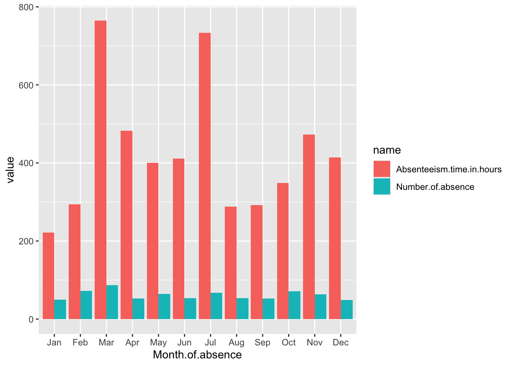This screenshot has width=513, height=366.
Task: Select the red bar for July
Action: (x=205, y=176)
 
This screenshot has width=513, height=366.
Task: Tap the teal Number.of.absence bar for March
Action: (x=112, y=302)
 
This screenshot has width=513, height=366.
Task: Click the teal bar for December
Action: (x=347, y=310)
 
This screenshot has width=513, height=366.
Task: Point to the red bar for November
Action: (x=309, y=227)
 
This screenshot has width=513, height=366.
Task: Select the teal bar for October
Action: (x=294, y=305)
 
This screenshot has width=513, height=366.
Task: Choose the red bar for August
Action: (x=231, y=263)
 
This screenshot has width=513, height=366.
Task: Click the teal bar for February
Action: (x=86, y=305)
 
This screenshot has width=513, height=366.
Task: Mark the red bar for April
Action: (x=127, y=225)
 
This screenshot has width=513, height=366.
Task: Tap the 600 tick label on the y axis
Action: (x=26, y=85)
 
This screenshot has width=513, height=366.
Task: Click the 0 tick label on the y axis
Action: (x=31, y=319)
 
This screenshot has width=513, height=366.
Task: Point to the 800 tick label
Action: (x=26, y=7)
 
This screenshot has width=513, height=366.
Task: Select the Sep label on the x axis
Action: (x=262, y=342)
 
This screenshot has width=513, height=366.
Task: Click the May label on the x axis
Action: (x=158, y=342)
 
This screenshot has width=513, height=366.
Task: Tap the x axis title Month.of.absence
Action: (x=197, y=355)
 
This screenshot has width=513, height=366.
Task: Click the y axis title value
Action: (x=10, y=170)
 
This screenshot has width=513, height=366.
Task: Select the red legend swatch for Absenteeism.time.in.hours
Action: (x=382, y=169)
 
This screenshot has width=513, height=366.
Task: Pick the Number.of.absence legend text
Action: (x=435, y=187)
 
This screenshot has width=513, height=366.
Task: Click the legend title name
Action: (x=387, y=150)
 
